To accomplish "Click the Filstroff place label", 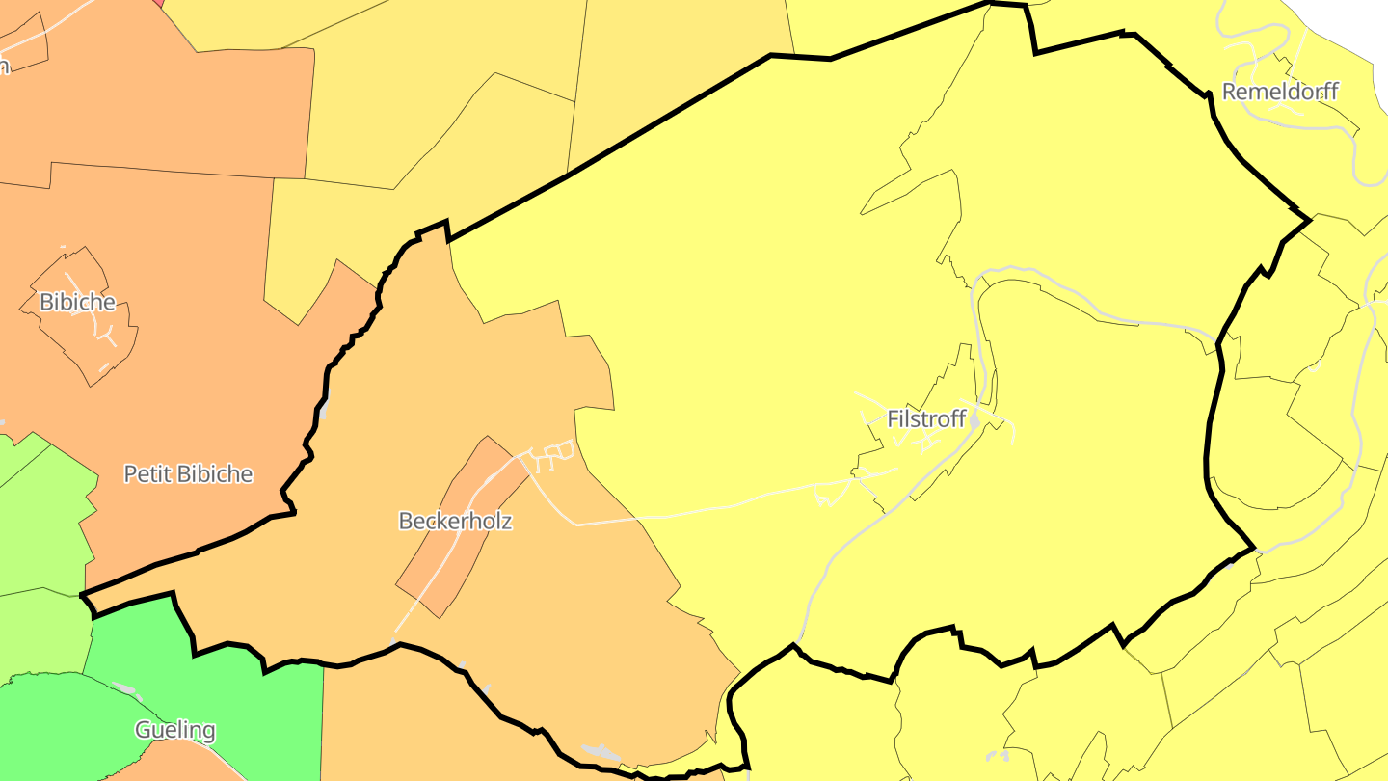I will coord(926,419).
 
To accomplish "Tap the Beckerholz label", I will coord(455,521).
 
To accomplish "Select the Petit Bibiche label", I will coord(188,473).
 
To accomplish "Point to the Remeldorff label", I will coord(1280,92).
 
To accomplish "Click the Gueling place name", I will coord(174,730).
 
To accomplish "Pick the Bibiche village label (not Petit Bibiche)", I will coord(77,302).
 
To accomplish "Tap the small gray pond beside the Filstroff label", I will coord(974,420).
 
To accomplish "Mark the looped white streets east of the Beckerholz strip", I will coord(551,452).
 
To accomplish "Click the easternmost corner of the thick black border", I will coord(1309,220).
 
